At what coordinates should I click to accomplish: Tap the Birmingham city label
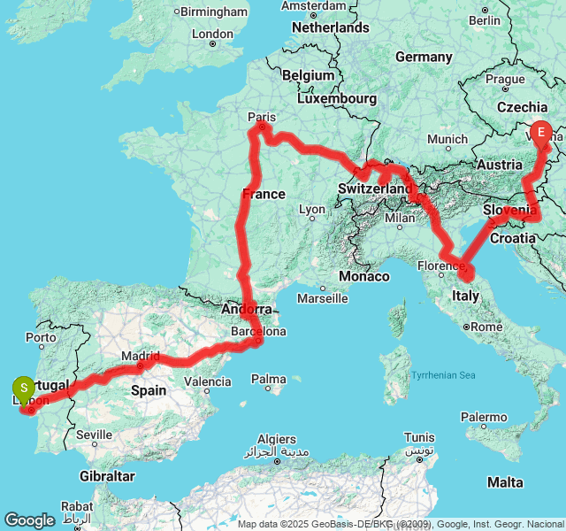pos(215,12)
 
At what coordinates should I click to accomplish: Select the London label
pos(212,35)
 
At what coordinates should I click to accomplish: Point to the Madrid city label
pos(141,356)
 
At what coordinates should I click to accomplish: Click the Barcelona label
pos(258,332)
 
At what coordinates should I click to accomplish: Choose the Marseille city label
pos(323,298)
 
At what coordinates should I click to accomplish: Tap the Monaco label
pos(363,276)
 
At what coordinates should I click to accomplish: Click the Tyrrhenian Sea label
pos(443,375)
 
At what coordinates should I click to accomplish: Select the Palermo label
pos(484,416)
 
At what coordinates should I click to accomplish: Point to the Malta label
pos(505,482)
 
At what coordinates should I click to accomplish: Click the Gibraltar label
pos(105,476)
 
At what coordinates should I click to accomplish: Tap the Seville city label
pos(94,435)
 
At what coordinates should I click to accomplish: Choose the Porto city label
pos(41,337)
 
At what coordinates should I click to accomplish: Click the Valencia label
pos(209,382)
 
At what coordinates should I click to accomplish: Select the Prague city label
pos(505,79)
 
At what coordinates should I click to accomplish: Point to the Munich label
pos(447,140)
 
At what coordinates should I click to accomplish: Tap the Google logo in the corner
pos(29,520)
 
